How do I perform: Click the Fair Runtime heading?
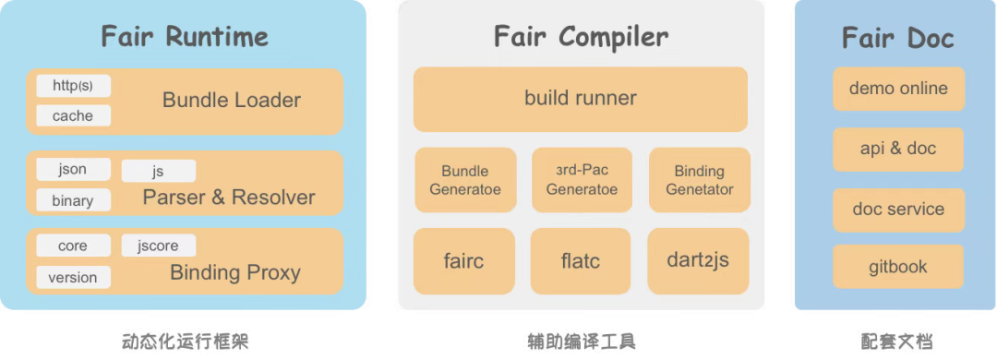pos(185,37)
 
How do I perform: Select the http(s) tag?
pos(73,86)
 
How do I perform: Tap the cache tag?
pos(73,115)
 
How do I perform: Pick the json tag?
pos(73,169)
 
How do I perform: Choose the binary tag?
pos(73,199)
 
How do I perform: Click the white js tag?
pos(158,171)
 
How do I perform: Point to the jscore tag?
pos(158,245)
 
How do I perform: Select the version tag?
pos(73,277)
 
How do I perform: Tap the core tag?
pos(73,246)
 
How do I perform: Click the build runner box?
pos(580,98)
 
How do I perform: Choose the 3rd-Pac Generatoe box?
pos(582,180)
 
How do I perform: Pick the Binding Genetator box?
pos(699,180)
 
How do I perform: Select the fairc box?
pos(463,261)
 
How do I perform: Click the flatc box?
pos(581,261)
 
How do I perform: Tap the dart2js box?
pos(698,260)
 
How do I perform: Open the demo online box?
pos(898,89)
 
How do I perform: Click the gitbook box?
pos(898,267)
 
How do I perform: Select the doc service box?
pos(898,210)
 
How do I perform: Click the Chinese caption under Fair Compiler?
pos(581,341)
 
